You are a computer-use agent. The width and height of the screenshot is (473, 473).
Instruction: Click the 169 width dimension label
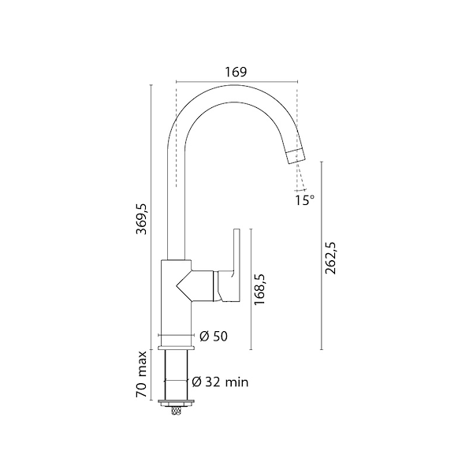236,72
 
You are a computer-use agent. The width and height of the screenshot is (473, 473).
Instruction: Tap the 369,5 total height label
141,218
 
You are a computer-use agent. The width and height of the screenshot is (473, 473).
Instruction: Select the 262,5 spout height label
330,258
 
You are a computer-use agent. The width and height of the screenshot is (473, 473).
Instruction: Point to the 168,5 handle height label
259,289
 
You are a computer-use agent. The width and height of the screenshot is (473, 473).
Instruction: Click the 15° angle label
304,200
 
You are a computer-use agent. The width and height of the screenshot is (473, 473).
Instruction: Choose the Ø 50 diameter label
214,337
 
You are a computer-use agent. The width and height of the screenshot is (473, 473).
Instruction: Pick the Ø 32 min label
220,382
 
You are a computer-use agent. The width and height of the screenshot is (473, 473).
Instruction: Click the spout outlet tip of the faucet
296,157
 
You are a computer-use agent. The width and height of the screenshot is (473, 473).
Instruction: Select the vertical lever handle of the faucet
236,251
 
